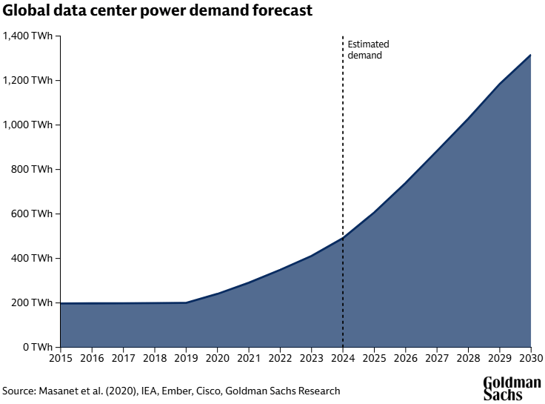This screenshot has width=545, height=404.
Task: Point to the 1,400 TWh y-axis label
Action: tap(28, 36)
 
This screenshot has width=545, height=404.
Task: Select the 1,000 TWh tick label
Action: tap(28, 125)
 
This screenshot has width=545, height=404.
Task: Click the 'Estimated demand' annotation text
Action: tap(368, 50)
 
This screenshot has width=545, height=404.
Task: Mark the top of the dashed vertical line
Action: tap(343, 36)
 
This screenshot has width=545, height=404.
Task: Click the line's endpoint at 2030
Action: tap(531, 55)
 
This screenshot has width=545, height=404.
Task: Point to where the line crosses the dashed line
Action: tap(343, 237)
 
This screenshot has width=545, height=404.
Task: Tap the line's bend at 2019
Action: tap(186, 302)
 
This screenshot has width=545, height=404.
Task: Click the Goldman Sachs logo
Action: tap(512, 388)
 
